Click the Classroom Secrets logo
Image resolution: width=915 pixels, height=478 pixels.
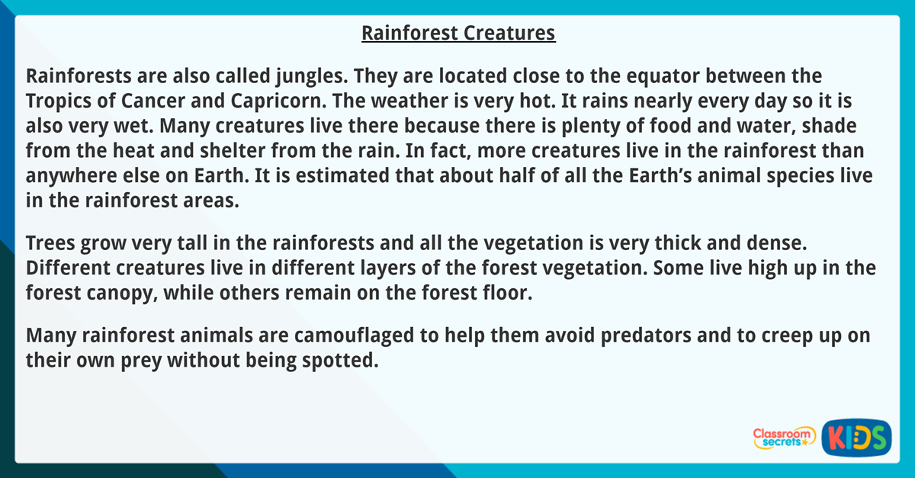[x=783, y=437]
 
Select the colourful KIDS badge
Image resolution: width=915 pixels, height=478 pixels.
[x=856, y=438]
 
